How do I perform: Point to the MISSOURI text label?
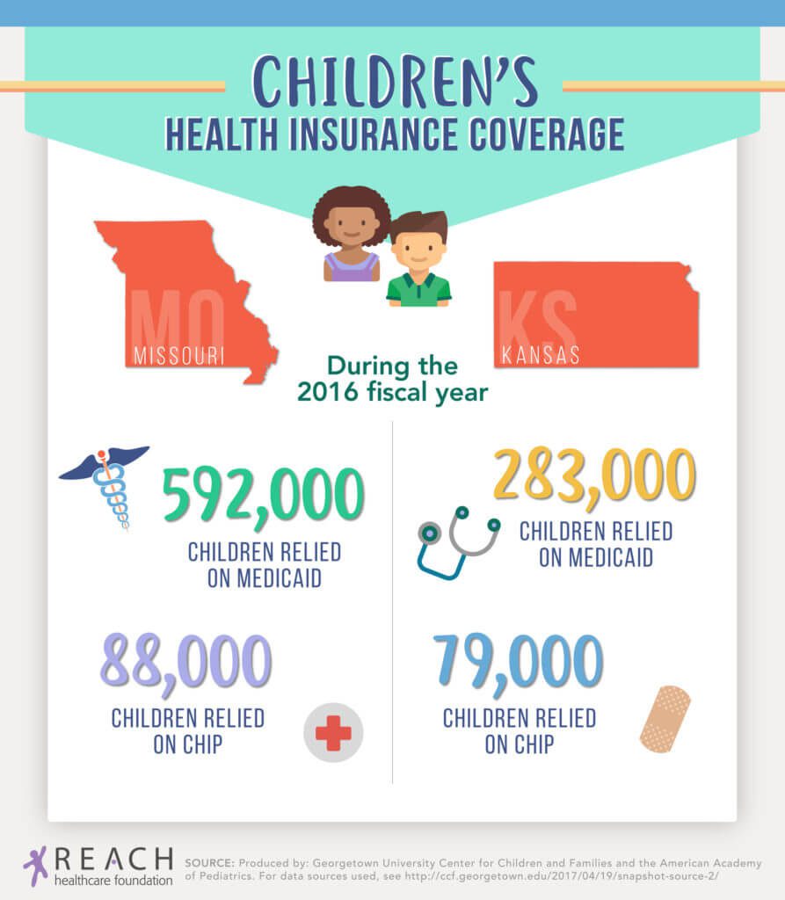[x=178, y=356]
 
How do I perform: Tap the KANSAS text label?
[x=541, y=356]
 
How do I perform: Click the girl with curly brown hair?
[x=351, y=233]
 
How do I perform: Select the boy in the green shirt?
[x=418, y=259]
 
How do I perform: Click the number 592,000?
[x=263, y=495]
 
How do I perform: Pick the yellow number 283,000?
[x=595, y=475]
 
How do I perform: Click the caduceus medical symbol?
[x=108, y=483]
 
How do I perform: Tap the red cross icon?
[x=333, y=732]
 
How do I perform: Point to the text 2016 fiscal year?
[x=392, y=392]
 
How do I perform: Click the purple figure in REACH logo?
[x=35, y=865]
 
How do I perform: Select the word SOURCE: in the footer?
[x=208, y=863]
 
